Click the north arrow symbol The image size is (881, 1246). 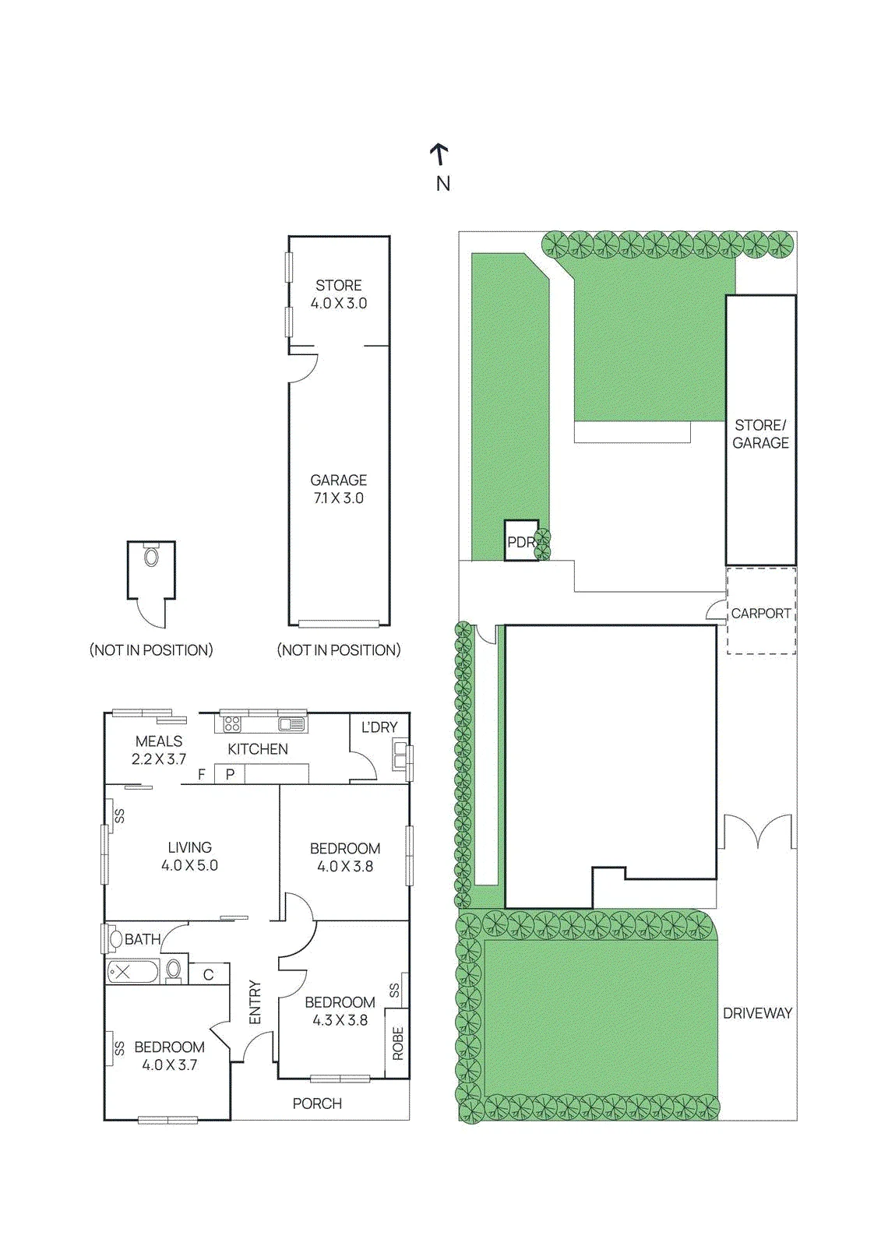click(439, 155)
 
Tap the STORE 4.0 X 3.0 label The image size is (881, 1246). click(338, 294)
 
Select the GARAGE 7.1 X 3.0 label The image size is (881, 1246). click(338, 489)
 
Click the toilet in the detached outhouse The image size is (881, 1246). click(151, 554)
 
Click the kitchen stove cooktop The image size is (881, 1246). click(232, 723)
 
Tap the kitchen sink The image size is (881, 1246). click(291, 723)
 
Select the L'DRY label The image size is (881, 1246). click(379, 727)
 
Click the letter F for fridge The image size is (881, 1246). click(202, 774)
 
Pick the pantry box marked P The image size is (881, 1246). click(230, 774)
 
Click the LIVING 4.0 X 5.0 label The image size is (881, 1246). click(189, 856)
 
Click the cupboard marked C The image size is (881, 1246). click(209, 974)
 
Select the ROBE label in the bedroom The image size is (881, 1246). click(397, 1044)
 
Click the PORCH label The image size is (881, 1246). click(317, 1103)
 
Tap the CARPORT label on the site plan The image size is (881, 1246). click(760, 613)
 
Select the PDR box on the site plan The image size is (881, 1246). click(521, 540)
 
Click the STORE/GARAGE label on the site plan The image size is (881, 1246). click(760, 434)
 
